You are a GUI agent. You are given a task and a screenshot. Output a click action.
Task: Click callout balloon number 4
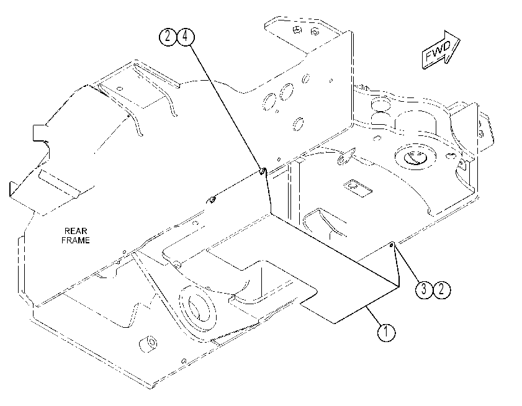point(186,36)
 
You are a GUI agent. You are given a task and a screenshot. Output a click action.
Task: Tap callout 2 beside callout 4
point(168,36)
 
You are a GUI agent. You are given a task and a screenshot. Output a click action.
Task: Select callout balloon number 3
point(424,289)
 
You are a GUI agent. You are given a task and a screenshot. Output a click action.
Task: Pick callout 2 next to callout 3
point(441,289)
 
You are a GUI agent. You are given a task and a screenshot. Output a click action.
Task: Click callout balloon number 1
point(386,332)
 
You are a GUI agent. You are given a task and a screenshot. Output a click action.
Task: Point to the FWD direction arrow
point(441,50)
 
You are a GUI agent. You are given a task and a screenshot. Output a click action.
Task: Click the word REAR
point(76,231)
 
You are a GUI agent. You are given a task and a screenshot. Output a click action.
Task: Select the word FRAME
point(76,240)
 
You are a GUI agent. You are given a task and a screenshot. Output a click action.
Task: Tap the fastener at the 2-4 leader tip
point(263,171)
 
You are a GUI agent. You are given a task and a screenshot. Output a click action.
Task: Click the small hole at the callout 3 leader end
point(392,245)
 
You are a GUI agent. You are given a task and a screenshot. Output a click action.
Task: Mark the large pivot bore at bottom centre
point(197,309)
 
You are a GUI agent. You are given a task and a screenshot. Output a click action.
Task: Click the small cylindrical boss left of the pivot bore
point(148,343)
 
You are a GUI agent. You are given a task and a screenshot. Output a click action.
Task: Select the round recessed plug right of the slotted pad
point(415,157)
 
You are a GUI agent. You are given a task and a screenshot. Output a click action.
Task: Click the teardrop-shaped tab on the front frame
point(346,156)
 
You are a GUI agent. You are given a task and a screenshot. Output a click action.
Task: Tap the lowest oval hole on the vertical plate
point(299,124)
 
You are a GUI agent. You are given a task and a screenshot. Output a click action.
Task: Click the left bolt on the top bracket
point(297,30)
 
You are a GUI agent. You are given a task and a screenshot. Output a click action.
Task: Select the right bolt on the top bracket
point(315,32)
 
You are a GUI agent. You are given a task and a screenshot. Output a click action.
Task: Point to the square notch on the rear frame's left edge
point(39,133)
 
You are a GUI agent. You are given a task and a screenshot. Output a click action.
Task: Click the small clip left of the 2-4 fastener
point(212,200)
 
